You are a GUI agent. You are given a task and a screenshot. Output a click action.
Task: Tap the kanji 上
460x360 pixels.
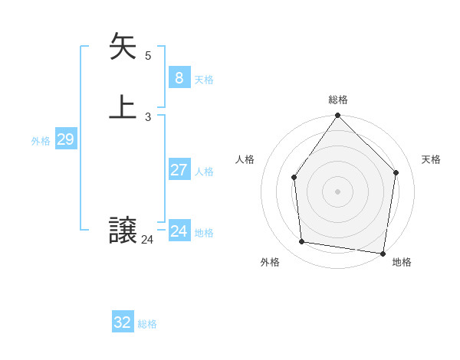click(x=123, y=107)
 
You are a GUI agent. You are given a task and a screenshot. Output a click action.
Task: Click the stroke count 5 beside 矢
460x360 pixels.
click(x=148, y=55)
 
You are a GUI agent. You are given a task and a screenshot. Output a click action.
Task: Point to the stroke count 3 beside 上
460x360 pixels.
click(x=148, y=116)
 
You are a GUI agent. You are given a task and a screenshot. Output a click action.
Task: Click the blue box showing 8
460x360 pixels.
click(x=179, y=77)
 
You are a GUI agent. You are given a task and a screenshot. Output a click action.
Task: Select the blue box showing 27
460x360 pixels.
click(x=179, y=170)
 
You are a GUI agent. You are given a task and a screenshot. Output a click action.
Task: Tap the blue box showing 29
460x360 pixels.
click(x=65, y=139)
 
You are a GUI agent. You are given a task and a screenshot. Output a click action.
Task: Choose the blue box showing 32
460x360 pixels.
click(x=123, y=322)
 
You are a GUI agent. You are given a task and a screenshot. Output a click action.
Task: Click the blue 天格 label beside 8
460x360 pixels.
click(x=204, y=80)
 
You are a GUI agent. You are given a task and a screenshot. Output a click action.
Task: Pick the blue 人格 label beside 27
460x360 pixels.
click(x=204, y=172)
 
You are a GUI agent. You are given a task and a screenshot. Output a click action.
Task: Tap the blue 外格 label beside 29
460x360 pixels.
click(x=41, y=141)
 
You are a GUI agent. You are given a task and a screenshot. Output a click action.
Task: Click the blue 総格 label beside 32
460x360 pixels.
click(x=147, y=324)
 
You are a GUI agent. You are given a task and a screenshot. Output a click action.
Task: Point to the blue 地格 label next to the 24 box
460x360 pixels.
click(x=204, y=233)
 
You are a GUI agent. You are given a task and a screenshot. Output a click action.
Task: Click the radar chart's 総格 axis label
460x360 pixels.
click(x=338, y=100)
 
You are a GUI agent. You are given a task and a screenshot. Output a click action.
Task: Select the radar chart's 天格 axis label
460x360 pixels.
click(x=432, y=159)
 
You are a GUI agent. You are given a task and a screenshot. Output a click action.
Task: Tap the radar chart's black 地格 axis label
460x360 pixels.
click(x=402, y=262)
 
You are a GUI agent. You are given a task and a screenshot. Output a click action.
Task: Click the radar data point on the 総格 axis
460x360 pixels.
click(x=338, y=116)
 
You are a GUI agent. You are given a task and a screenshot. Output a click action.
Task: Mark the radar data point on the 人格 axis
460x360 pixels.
click(x=294, y=178)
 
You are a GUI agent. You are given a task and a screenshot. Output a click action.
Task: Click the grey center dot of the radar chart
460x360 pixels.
click(x=338, y=191)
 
